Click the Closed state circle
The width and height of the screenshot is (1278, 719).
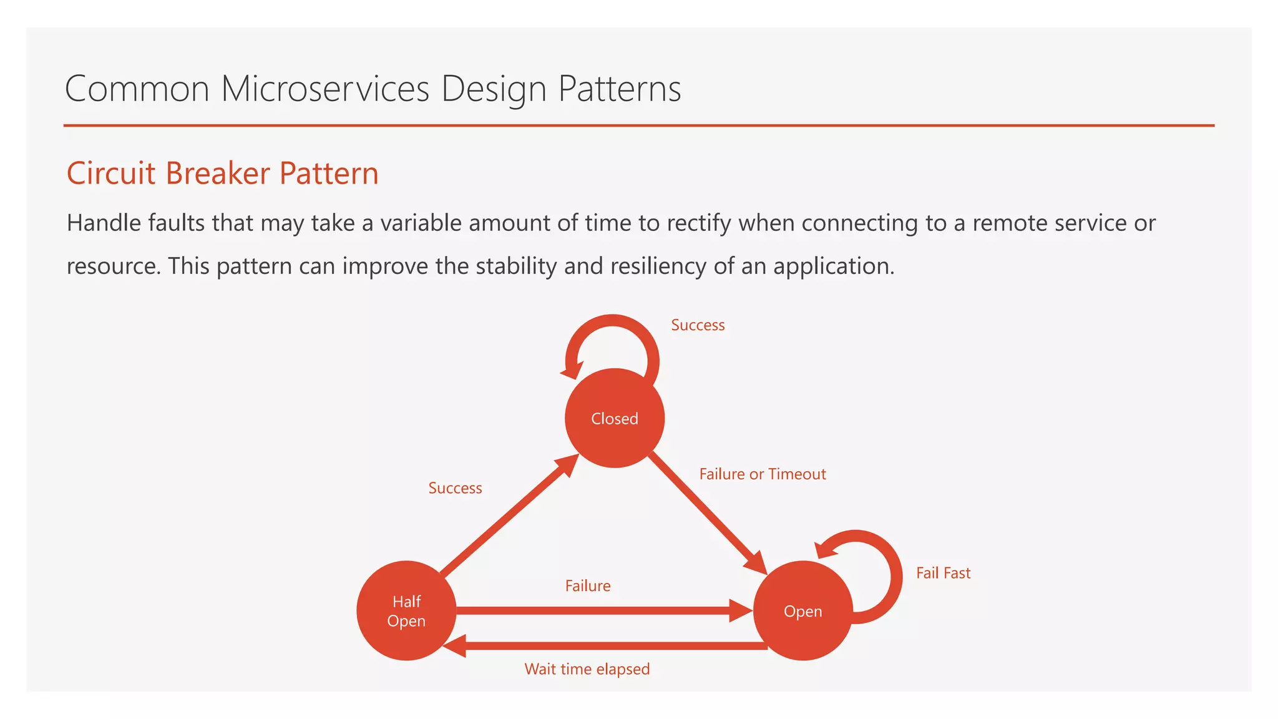click(x=615, y=418)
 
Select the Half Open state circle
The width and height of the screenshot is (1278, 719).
click(x=406, y=611)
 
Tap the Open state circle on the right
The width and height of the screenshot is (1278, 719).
click(x=802, y=611)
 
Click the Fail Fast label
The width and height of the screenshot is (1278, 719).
click(x=943, y=573)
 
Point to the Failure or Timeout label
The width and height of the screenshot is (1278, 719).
click(x=762, y=474)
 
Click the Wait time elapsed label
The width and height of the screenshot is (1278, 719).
click(x=587, y=669)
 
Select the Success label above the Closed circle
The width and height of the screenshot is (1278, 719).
click(x=698, y=325)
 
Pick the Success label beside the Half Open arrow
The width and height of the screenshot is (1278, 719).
click(x=455, y=488)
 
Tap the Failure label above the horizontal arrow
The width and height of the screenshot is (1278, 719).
click(x=587, y=586)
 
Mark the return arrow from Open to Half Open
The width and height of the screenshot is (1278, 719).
click(x=605, y=646)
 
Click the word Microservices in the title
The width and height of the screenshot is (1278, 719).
click(x=325, y=89)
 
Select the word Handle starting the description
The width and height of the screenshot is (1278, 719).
click(x=104, y=223)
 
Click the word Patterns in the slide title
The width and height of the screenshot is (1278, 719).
click(x=619, y=89)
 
